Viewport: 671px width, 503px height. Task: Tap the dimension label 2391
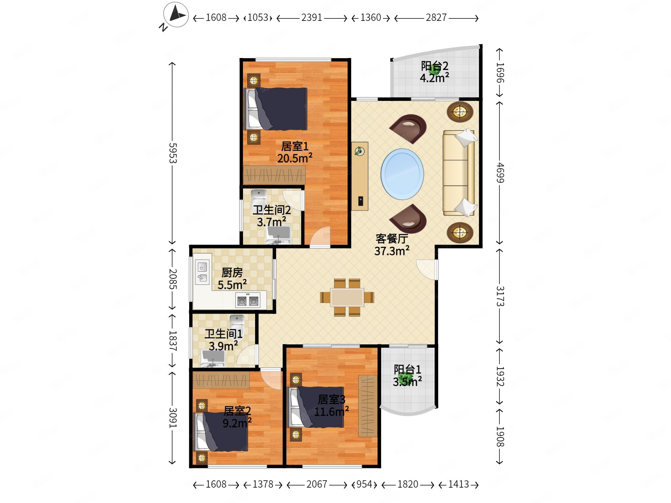click(x=312, y=18)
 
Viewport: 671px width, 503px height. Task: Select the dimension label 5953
click(x=173, y=153)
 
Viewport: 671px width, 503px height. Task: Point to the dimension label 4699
click(x=500, y=173)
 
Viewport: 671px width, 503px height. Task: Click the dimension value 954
click(x=364, y=484)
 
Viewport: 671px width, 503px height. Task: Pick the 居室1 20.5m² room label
click(x=295, y=152)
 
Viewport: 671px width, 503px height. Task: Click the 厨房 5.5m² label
click(x=232, y=279)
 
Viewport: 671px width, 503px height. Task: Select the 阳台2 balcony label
click(x=434, y=72)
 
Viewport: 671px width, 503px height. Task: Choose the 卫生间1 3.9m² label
click(x=224, y=340)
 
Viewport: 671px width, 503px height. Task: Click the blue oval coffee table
click(x=402, y=174)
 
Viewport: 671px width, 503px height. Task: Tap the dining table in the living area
click(x=347, y=297)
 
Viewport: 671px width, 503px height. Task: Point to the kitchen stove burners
click(x=248, y=301)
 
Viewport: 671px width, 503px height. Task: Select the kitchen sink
click(x=202, y=272)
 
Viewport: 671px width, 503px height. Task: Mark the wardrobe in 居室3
click(x=368, y=406)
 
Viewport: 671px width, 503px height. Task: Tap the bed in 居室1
click(x=276, y=109)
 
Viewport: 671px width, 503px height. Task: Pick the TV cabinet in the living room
click(x=360, y=176)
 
